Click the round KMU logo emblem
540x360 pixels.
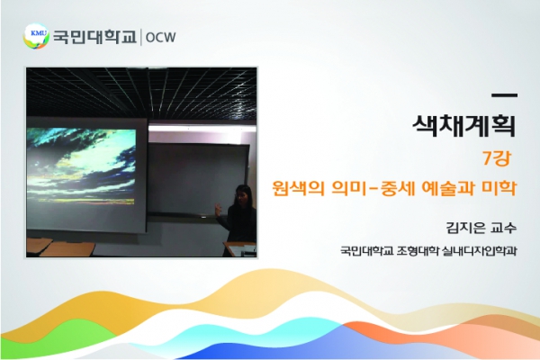(x=36, y=36)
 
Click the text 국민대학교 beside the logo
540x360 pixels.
(x=94, y=37)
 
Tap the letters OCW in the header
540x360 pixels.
(x=160, y=37)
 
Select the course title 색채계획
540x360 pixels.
(x=463, y=126)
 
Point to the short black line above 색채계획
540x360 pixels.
(x=505, y=95)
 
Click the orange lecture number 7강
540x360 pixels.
(x=496, y=158)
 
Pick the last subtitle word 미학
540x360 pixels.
(x=499, y=188)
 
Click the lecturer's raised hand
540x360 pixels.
(x=219, y=209)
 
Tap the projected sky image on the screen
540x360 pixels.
(x=81, y=166)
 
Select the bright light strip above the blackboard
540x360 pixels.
(x=202, y=128)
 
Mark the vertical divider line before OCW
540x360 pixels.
(x=141, y=37)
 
